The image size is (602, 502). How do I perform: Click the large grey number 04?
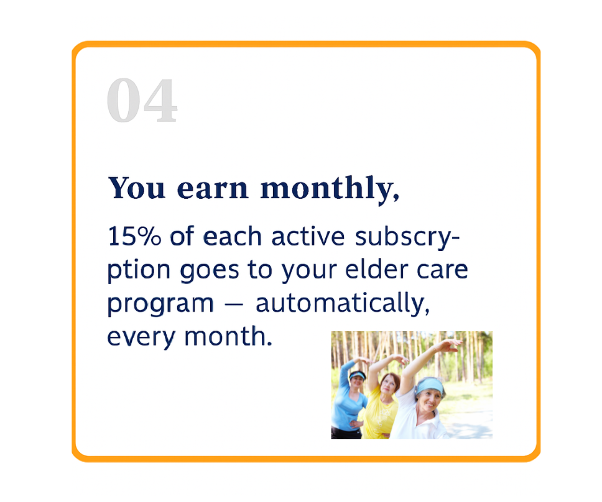point(142,100)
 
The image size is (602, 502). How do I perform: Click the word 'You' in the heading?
point(136,188)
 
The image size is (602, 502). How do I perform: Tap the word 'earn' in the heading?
point(212,189)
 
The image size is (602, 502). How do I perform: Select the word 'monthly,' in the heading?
point(330,189)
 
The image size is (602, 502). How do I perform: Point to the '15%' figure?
point(134,236)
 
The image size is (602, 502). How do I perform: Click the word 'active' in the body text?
point(308,236)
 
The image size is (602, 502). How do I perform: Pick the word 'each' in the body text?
point(232,236)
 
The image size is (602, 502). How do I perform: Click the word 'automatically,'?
point(343,303)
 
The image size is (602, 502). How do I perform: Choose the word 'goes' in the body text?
point(209,271)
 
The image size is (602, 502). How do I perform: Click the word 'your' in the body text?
point(308,272)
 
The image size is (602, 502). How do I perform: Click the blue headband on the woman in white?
point(429,385)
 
